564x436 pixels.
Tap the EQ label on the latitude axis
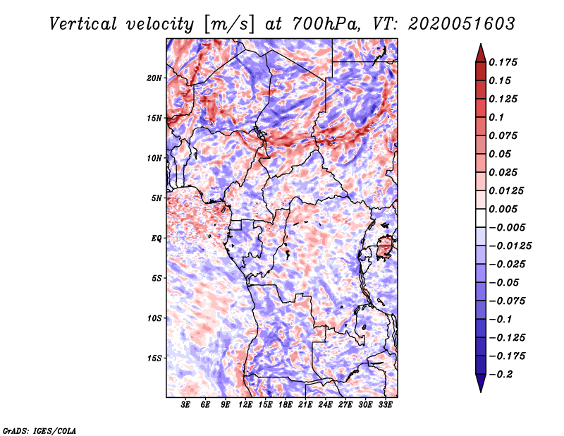coord(157,238)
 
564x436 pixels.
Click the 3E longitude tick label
coord(186,406)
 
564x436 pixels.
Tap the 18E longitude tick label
coord(286,406)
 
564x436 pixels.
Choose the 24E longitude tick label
coord(325,406)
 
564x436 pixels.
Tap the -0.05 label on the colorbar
coord(503,282)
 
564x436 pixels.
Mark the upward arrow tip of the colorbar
coord(480,46)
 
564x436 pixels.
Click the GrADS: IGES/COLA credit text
coord(39,430)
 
